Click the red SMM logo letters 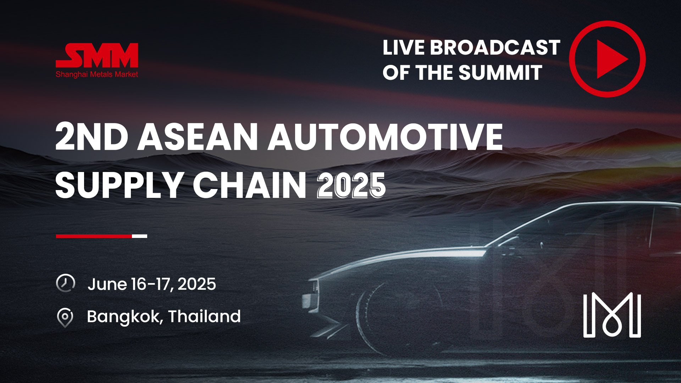coord(97,55)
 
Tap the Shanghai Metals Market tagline coord(97,74)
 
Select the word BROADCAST coord(495,48)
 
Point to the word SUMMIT coord(500,73)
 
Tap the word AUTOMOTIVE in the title coord(385,137)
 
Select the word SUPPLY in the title coord(119,185)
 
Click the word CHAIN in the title coord(249,185)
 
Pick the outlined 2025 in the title coord(351,185)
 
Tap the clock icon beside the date coord(66,283)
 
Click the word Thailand coord(204,316)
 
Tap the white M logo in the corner coord(612,315)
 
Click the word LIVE coord(404,48)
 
